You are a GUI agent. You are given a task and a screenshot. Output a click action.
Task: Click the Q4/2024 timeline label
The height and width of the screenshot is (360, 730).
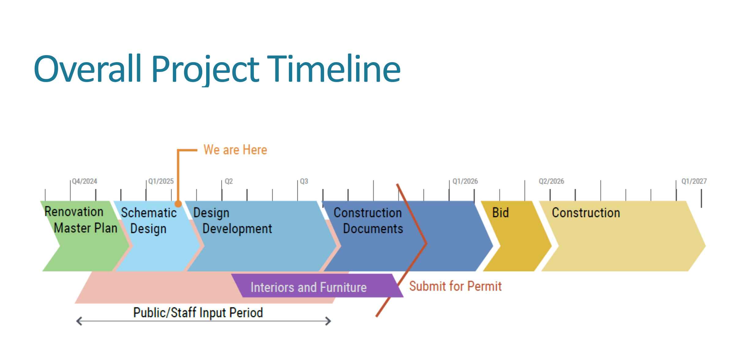84,181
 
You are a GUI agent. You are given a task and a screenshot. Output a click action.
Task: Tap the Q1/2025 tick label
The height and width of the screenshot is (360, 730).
161,181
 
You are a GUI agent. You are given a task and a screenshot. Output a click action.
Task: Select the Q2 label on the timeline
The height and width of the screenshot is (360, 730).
229,181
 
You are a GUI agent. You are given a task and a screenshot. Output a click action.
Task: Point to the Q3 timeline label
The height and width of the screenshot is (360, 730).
304,181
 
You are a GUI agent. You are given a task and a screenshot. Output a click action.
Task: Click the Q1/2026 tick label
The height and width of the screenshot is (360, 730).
465,181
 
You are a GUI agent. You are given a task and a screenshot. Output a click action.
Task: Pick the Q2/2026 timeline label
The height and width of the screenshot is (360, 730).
551,181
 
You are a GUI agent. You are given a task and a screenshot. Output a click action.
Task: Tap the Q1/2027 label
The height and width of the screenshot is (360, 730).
694,181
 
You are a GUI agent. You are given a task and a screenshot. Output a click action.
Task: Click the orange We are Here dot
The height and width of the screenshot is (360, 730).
178,204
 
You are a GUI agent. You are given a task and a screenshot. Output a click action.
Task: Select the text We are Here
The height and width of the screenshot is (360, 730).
235,150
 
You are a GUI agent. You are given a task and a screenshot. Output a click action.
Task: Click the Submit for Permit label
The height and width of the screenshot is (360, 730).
455,286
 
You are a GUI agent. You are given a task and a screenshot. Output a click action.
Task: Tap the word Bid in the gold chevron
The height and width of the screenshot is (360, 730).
501,212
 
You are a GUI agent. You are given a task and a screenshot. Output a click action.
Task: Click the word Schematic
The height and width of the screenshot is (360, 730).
149,212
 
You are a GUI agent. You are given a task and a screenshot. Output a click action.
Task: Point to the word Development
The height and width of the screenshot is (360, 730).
237,229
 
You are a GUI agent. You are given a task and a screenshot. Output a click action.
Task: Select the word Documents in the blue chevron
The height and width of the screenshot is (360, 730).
373,229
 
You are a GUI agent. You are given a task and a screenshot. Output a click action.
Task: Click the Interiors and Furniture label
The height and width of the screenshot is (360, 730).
308,287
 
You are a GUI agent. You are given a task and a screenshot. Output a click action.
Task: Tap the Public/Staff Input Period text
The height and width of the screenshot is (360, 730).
198,313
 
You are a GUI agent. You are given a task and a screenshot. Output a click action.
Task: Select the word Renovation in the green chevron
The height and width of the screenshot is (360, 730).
74,212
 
